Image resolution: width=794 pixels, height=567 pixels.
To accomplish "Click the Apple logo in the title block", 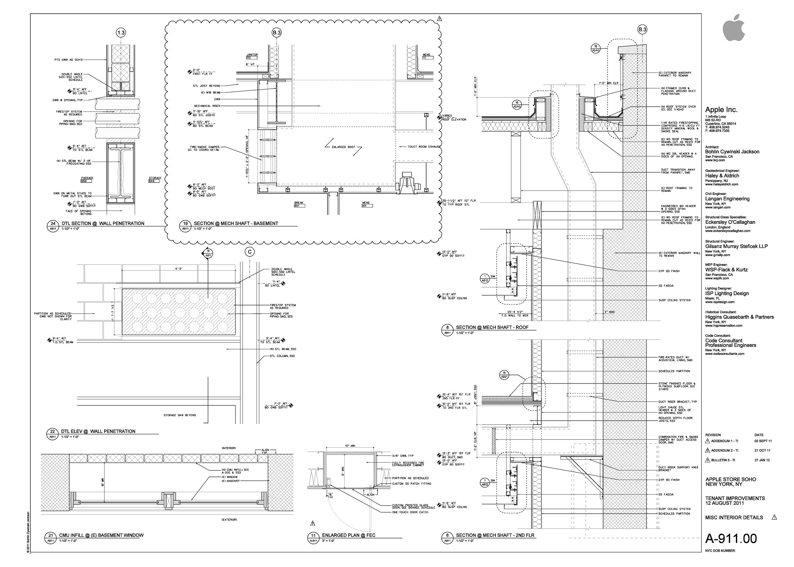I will pyautogui.click(x=734, y=28).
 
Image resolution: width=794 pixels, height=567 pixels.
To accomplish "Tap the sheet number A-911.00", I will pyautogui.click(x=731, y=538).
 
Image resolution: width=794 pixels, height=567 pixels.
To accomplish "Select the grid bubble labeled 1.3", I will pyautogui.click(x=121, y=33).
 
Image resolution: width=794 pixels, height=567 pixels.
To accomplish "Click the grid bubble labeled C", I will pyautogui.click(x=249, y=252).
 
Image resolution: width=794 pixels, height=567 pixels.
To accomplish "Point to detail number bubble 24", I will pyautogui.click(x=53, y=223).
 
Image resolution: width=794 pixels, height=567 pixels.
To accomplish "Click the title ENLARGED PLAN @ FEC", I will pyautogui.click(x=348, y=535).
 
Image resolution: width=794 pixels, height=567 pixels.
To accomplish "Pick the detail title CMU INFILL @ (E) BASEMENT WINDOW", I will pyautogui.click(x=101, y=535).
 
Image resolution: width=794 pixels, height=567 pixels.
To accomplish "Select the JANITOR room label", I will pyautogui.click(x=252, y=55).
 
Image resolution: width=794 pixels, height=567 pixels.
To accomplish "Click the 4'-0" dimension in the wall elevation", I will pyautogui.click(x=179, y=269).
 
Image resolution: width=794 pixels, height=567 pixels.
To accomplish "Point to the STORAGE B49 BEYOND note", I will pyautogui.click(x=179, y=415).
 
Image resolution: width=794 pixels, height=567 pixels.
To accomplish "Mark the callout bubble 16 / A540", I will pyautogui.click(x=517, y=104).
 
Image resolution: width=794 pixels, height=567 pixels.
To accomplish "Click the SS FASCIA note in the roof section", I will pyautogui.click(x=666, y=286).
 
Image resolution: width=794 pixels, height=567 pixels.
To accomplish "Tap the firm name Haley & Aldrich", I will pyautogui.click(x=722, y=176).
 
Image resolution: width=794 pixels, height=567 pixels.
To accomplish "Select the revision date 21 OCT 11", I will pyautogui.click(x=762, y=450).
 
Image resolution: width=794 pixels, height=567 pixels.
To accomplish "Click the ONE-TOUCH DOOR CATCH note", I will pyautogui.click(x=410, y=512).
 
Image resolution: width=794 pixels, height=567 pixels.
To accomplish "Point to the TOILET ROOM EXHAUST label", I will pyautogui.click(x=423, y=147).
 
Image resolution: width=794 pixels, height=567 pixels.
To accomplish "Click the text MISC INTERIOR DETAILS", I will pyautogui.click(x=734, y=517).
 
